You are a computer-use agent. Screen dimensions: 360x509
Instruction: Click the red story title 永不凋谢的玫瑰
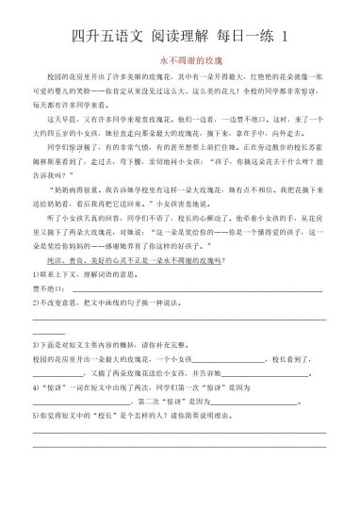[179, 58]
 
